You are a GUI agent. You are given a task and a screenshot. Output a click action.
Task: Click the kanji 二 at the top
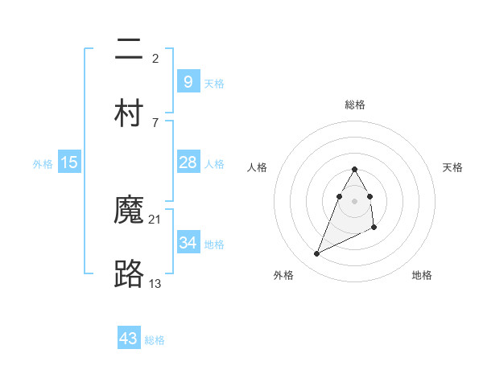(129, 50)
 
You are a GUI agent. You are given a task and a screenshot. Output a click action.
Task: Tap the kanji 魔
(129, 211)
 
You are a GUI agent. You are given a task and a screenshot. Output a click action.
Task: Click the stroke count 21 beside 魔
(155, 219)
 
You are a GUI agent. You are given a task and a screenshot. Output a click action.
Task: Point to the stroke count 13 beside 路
(155, 283)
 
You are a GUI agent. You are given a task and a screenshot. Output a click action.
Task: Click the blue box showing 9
(188, 81)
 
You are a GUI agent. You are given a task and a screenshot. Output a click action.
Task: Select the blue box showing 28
(188, 162)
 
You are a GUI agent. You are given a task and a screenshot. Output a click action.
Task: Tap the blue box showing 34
(188, 242)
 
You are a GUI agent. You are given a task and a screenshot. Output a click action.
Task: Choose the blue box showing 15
(69, 162)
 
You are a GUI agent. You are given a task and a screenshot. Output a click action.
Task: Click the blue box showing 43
(129, 339)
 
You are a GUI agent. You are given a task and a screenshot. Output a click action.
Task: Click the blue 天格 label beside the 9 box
(214, 83)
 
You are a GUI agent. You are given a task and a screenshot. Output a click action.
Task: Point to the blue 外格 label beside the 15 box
(43, 164)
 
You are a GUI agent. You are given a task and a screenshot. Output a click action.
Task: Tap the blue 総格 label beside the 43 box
(155, 340)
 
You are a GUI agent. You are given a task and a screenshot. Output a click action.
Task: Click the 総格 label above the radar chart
(355, 105)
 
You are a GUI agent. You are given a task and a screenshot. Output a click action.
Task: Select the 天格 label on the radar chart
(453, 167)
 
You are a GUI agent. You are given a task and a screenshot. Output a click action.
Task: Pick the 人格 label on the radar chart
(258, 167)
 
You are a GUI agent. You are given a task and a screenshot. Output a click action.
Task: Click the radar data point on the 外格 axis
(316, 254)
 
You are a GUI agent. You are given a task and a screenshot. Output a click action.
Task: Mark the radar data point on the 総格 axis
(355, 169)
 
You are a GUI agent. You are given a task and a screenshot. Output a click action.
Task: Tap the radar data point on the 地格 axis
(375, 228)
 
